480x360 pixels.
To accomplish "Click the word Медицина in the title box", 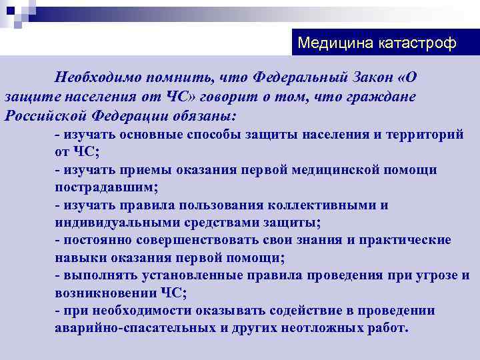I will (327, 44).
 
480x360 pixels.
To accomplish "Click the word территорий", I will (424, 135).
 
